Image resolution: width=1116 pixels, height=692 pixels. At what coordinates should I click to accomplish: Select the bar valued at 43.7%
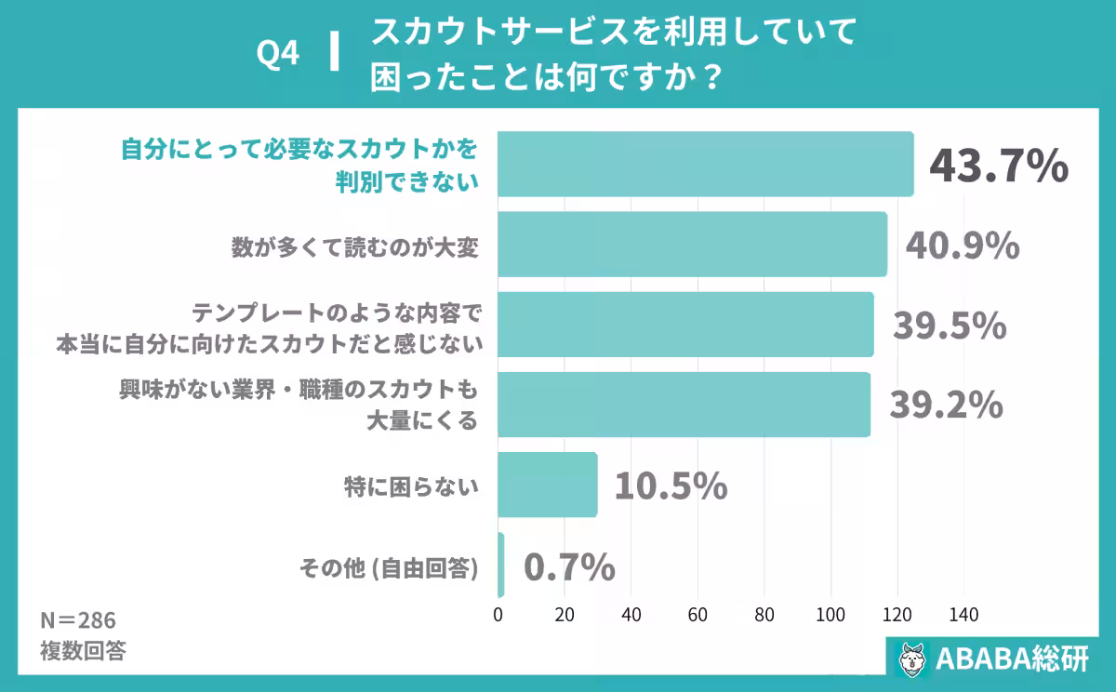[x=705, y=164]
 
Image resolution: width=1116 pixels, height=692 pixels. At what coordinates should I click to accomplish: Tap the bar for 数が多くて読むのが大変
[x=692, y=245]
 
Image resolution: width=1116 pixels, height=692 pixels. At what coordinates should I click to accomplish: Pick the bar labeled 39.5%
[x=685, y=325]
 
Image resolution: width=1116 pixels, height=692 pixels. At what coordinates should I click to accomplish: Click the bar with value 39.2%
[x=684, y=405]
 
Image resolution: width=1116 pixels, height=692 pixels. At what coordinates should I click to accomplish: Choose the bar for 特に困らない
[x=547, y=485]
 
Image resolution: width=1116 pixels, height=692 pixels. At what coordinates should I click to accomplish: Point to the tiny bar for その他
[x=501, y=565]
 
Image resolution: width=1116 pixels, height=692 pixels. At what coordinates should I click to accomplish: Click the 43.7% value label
[x=999, y=166]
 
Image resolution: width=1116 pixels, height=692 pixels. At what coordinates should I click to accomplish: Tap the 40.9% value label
[x=963, y=246]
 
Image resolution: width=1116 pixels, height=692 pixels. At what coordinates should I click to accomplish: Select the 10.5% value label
[x=670, y=485]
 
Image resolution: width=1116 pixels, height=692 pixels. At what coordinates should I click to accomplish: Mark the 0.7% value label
[x=569, y=566]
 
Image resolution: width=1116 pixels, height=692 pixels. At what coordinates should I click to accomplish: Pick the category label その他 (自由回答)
[x=388, y=566]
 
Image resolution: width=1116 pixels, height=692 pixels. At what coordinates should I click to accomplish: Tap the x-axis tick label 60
[x=697, y=615]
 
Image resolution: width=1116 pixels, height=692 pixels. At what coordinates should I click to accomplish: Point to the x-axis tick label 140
[x=963, y=615]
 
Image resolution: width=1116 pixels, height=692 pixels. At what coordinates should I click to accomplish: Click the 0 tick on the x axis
[x=498, y=615]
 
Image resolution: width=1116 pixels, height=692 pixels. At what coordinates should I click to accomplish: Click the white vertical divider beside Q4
[x=333, y=53]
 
